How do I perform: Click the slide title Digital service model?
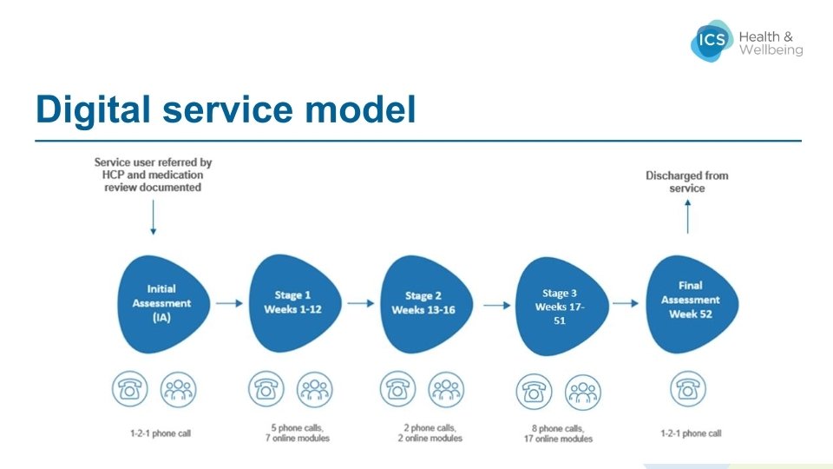[226, 110]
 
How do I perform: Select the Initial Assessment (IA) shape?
[163, 303]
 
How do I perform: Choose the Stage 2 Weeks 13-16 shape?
[423, 303]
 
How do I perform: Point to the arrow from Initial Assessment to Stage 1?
[228, 303]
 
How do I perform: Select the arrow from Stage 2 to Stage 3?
[495, 305]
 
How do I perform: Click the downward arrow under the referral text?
[154, 217]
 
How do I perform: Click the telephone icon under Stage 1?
[266, 390]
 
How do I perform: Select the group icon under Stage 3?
[583, 392]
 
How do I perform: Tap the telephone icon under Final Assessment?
[690, 390]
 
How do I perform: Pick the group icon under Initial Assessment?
[179, 389]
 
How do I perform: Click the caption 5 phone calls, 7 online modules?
[292, 432]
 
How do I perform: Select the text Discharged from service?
[687, 182]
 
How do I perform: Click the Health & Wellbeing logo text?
[771, 43]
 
